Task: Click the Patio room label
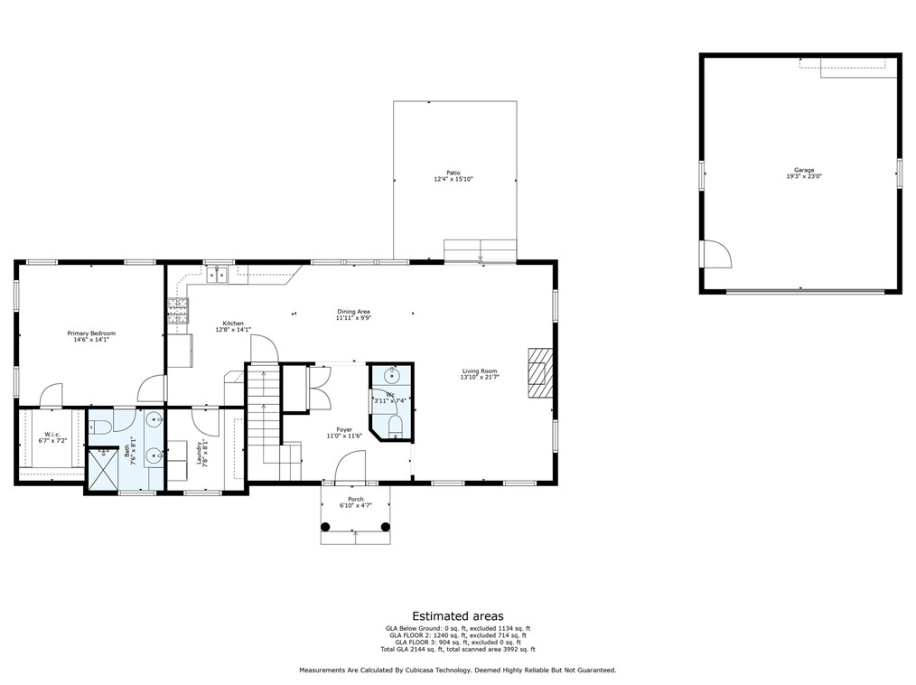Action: [x=453, y=173]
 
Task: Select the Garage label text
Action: [x=804, y=170]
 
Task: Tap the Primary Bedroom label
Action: [x=91, y=333]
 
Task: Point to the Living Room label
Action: [x=480, y=371]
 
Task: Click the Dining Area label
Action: [x=354, y=312]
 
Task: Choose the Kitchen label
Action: [x=233, y=324]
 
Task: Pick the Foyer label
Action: [x=344, y=430]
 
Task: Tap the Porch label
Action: [x=356, y=500]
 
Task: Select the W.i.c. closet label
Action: [x=51, y=434]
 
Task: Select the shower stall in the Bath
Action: [x=103, y=469]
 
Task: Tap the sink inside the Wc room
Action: [x=390, y=375]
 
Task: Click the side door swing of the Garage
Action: [x=715, y=255]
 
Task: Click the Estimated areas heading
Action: [x=458, y=616]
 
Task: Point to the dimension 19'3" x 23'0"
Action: [x=804, y=177]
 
